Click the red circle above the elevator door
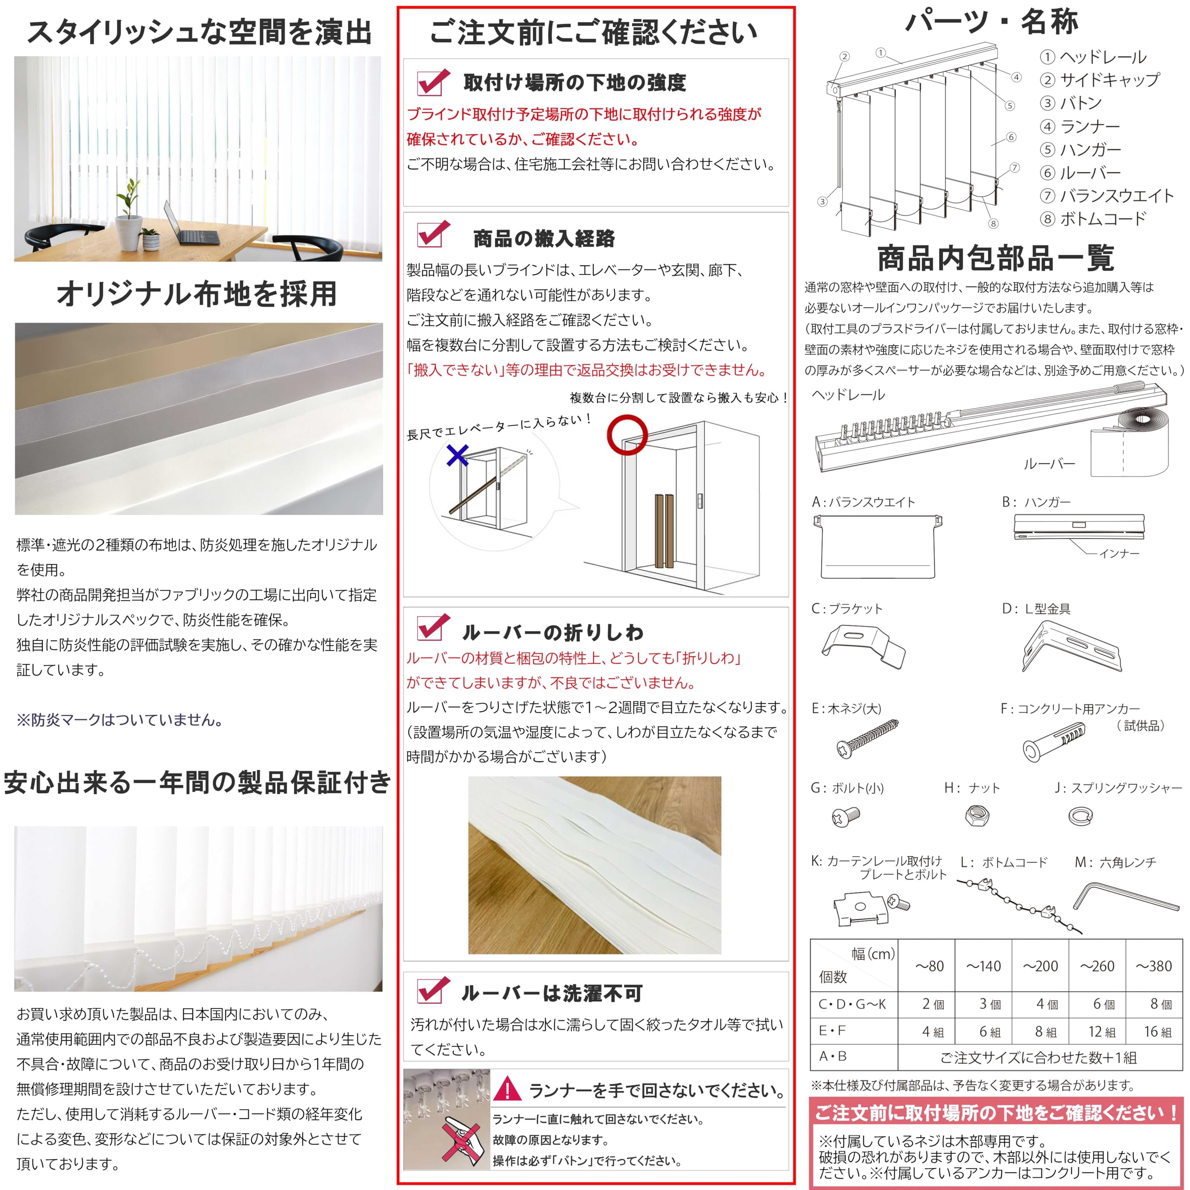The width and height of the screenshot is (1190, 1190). (627, 434)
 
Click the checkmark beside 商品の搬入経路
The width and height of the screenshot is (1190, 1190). (433, 235)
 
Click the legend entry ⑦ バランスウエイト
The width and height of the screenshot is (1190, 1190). (1107, 196)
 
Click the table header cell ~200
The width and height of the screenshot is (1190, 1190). (1040, 966)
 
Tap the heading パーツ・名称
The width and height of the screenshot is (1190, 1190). (991, 23)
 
